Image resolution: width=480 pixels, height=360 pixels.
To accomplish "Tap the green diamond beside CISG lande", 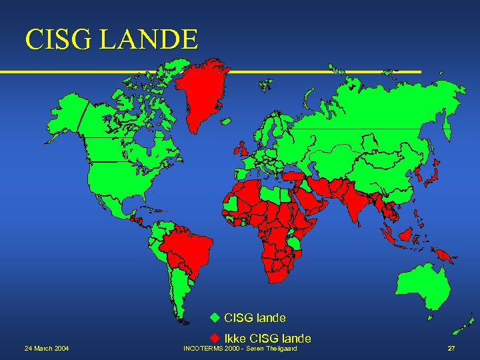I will point(215,317).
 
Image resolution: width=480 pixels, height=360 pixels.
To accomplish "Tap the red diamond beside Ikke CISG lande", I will point(215,338).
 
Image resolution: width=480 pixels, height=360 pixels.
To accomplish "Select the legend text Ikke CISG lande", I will point(267,338).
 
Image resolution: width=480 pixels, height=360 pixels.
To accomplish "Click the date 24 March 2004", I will point(46,349).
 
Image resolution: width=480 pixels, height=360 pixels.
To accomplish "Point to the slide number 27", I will point(451,349).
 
